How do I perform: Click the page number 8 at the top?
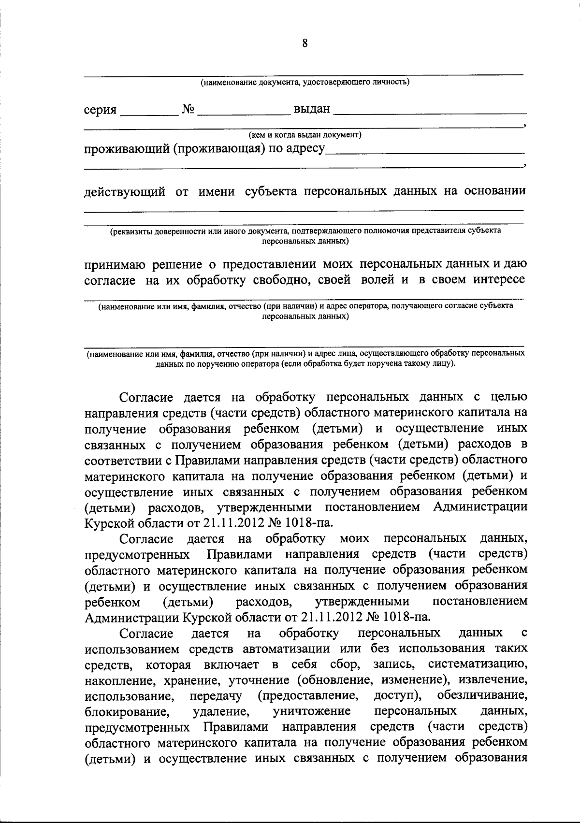304,43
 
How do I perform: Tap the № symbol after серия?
188,110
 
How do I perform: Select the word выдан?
312,109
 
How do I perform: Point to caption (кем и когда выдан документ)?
305,134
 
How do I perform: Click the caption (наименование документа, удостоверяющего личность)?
305,82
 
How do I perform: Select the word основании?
495,191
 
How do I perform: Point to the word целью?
509,397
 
